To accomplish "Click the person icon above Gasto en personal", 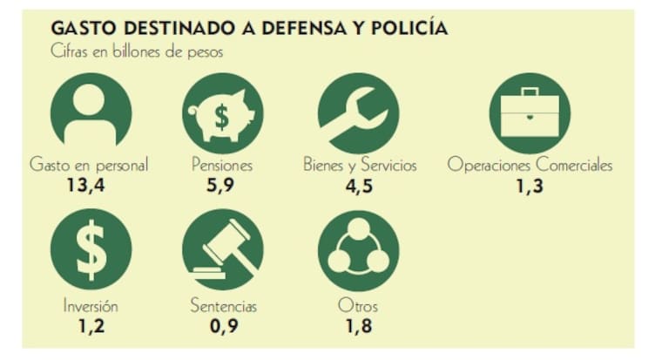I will point(91,112).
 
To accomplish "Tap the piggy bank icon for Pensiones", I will point(222,112).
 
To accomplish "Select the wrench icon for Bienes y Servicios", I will point(358,112).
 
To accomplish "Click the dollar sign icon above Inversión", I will point(91,248).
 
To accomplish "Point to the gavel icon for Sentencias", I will point(222,249).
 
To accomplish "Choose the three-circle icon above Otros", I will point(358,249).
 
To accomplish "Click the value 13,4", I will point(91,185).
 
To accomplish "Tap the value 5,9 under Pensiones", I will point(222,185).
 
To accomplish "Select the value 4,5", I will point(358,185).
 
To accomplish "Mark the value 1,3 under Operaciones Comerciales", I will point(530,185).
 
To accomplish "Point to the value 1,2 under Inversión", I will point(91,325).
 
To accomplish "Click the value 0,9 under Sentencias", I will point(223,325).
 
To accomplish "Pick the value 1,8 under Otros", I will point(358,325).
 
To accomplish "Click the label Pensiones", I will point(222,165).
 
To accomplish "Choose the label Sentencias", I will point(223,306).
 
